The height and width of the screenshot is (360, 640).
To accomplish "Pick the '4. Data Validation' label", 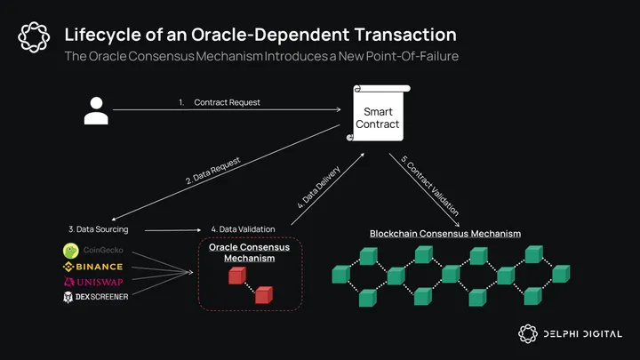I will click(x=243, y=229).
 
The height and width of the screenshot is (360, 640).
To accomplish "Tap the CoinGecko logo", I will click(x=93, y=250).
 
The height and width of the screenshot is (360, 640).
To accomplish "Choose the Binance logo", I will click(x=93, y=266).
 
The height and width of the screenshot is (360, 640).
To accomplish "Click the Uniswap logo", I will click(x=93, y=281).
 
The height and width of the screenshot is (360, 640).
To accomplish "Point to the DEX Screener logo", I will click(x=93, y=296).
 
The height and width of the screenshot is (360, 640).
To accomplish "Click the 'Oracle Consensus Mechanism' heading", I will click(x=249, y=252).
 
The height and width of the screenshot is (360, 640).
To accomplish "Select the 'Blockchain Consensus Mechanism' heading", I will click(x=444, y=233).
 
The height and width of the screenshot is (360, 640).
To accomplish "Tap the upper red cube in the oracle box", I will click(x=236, y=276).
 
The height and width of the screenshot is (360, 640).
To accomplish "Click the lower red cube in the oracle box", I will click(x=263, y=296).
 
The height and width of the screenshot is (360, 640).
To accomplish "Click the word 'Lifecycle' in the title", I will click(x=98, y=36).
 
